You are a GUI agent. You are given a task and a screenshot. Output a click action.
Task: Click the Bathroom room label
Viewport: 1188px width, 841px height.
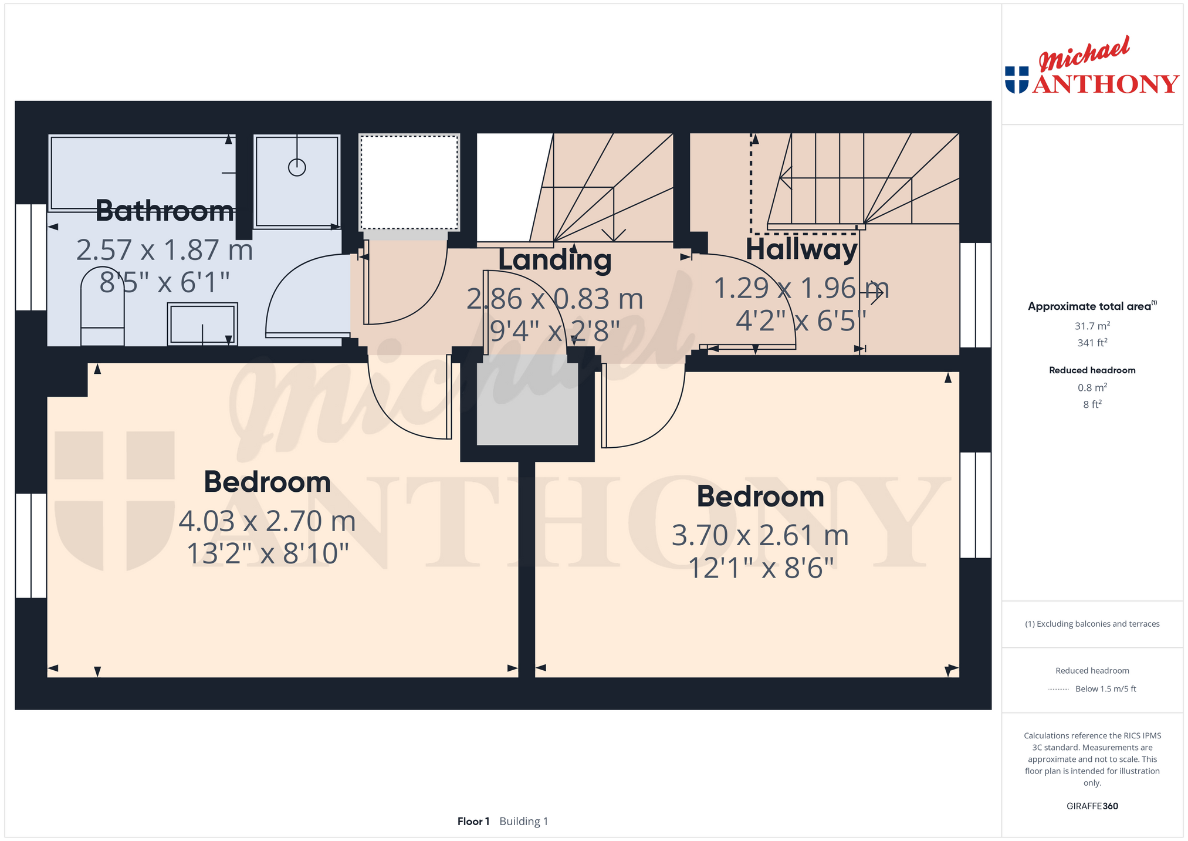click(x=164, y=211)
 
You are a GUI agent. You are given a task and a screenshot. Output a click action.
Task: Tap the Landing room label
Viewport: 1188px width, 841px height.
click(x=555, y=260)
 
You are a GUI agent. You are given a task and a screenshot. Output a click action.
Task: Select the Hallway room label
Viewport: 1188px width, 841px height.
click(x=801, y=249)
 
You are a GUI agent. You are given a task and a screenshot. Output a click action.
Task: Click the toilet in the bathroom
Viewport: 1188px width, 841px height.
click(x=102, y=306)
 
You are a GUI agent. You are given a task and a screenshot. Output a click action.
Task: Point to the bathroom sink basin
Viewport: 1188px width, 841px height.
click(x=202, y=323)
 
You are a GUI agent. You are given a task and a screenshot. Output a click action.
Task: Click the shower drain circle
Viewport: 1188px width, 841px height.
click(x=297, y=167)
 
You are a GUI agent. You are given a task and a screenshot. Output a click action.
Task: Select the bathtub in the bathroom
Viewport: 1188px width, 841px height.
click(x=142, y=173)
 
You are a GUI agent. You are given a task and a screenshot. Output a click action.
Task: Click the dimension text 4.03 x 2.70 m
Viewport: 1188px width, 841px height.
click(x=268, y=521)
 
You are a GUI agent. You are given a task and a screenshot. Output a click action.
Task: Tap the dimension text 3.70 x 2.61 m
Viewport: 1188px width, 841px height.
click(x=760, y=535)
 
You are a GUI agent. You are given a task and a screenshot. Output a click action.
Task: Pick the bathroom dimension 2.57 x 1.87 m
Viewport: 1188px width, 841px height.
click(x=165, y=250)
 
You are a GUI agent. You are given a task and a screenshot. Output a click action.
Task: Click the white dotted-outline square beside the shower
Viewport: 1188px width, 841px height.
click(x=409, y=183)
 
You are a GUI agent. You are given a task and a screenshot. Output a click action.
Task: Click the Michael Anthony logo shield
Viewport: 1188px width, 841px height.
click(x=1017, y=80)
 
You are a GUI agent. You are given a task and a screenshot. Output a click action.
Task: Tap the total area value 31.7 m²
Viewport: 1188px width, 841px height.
click(x=1092, y=326)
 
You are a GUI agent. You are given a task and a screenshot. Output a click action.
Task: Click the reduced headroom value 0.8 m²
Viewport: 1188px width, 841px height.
click(x=1092, y=387)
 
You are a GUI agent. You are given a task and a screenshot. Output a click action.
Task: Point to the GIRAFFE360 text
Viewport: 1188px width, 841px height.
click(x=1092, y=806)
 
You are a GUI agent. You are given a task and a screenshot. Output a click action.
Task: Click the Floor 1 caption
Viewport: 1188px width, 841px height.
click(x=473, y=821)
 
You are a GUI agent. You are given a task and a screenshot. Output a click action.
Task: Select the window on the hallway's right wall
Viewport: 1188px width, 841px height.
click(x=976, y=295)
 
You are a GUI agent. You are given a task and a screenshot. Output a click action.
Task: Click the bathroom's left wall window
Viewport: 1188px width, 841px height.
click(x=31, y=257)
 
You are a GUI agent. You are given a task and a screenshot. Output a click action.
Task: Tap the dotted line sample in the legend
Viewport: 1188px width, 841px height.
click(x=1058, y=689)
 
